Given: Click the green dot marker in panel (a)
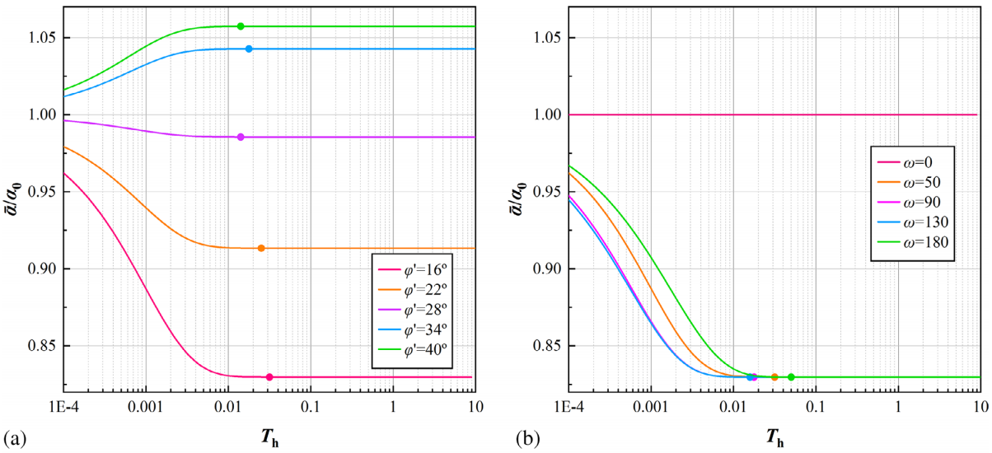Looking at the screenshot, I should pyautogui.click(x=241, y=26).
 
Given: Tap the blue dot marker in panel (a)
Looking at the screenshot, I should pyautogui.click(x=249, y=49).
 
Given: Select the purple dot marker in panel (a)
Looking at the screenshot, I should pyautogui.click(x=241, y=137).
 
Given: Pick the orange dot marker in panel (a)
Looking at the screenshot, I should pyautogui.click(x=261, y=248).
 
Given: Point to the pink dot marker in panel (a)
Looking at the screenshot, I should pyautogui.click(x=269, y=377).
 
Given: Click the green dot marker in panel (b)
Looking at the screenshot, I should pyautogui.click(x=791, y=377).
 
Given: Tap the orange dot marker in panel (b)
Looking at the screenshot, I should pyautogui.click(x=774, y=377).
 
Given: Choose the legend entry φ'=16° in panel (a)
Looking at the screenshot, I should pyautogui.click(x=411, y=269).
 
